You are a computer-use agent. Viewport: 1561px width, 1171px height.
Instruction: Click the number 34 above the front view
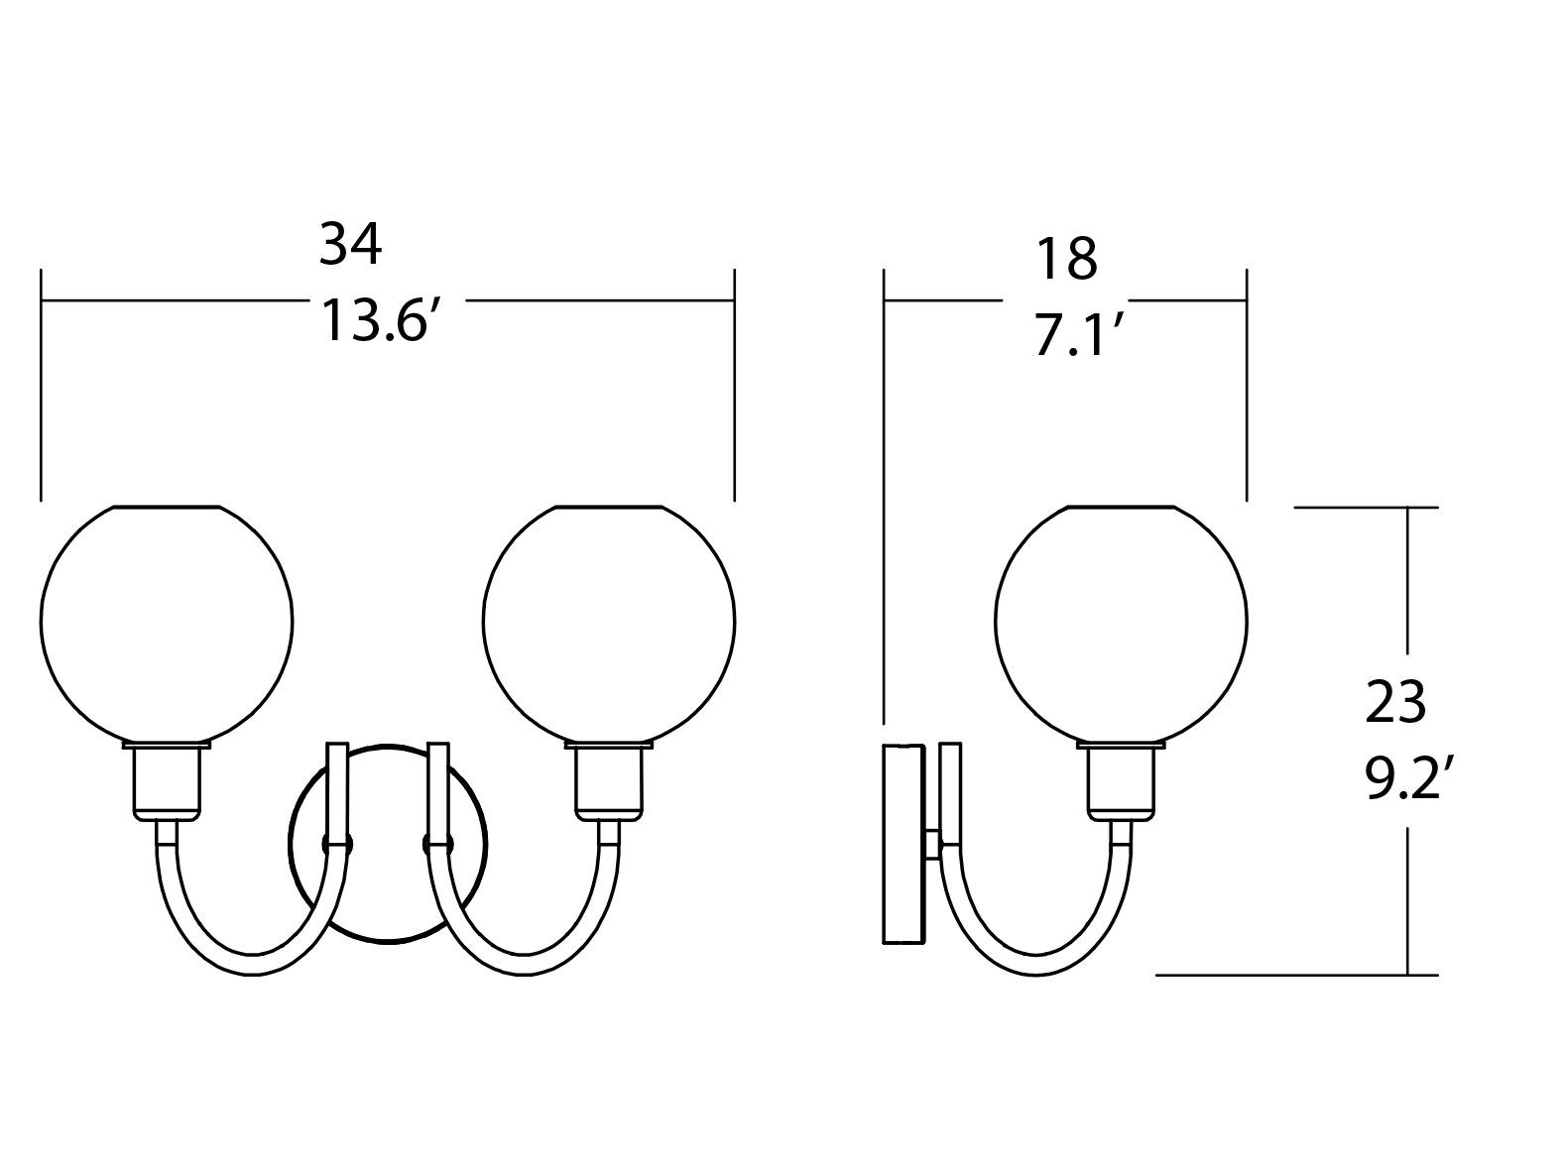(349, 245)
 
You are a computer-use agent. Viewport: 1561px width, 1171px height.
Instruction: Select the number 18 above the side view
(1066, 259)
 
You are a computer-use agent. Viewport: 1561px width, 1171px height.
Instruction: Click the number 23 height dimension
(1395, 702)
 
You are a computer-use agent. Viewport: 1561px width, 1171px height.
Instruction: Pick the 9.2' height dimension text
(1408, 779)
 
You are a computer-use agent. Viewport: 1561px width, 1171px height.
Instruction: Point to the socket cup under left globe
(167, 781)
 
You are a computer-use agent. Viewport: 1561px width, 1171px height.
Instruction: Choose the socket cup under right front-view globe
(609, 781)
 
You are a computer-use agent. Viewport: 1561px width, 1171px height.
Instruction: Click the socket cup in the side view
(1122, 781)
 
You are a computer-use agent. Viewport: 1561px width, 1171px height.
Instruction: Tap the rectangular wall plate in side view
(902, 843)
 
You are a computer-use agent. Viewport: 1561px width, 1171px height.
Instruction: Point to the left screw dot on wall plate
(328, 844)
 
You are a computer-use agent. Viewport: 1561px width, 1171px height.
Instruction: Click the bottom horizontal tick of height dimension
(1297, 975)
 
